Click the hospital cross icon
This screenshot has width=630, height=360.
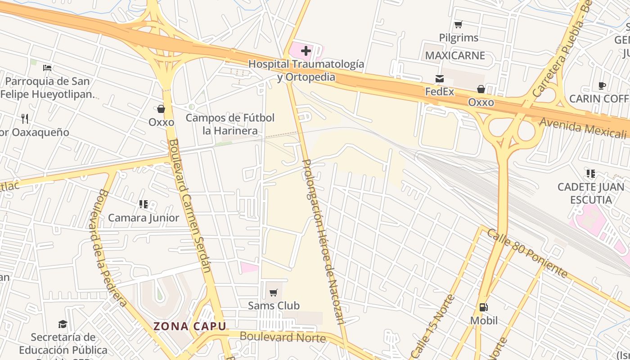click(306, 51)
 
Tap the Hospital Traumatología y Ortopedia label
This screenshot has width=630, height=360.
click(306, 71)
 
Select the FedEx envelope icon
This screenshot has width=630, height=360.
click(440, 79)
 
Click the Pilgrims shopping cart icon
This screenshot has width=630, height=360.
click(458, 24)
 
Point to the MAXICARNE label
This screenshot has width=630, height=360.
click(455, 55)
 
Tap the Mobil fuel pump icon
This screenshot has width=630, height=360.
click(484, 307)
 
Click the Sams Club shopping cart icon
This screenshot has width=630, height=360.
click(273, 293)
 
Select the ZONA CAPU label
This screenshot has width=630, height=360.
click(189, 326)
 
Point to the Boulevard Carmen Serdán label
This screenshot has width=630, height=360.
click(189, 206)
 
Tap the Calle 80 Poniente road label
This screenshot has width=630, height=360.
click(527, 253)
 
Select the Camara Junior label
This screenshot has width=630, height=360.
click(144, 218)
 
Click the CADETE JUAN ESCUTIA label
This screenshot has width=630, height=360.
click(590, 193)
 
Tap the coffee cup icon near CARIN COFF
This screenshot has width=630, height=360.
click(602, 85)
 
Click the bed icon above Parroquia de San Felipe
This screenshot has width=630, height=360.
click(47, 68)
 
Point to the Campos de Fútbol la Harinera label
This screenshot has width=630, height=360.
click(230, 124)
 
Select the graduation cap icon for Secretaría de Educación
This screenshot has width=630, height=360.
click(63, 324)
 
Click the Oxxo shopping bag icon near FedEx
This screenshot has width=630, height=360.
click(481, 89)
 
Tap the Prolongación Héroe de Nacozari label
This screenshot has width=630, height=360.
click(322, 242)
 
